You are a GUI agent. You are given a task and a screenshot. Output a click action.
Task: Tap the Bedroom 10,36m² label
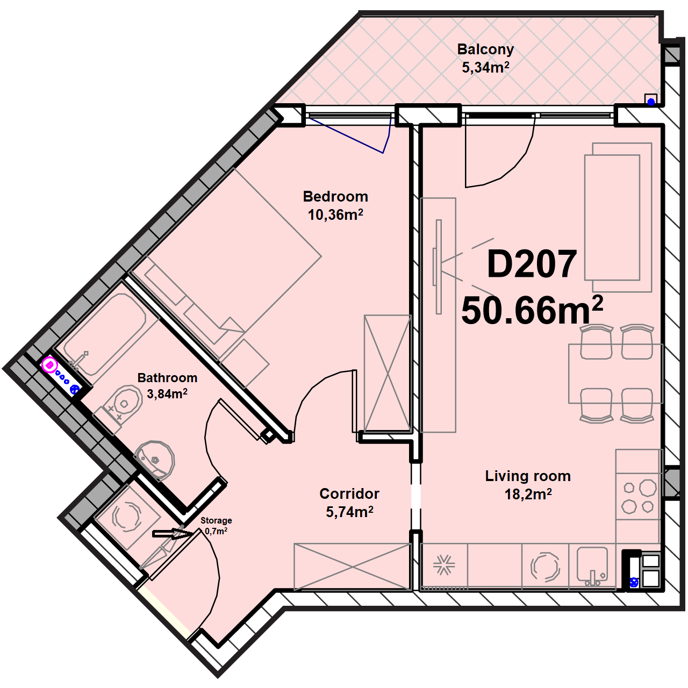point(335,206)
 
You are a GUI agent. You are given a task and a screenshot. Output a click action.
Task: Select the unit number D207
point(532,264)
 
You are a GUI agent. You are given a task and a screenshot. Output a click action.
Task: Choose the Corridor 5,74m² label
point(349,503)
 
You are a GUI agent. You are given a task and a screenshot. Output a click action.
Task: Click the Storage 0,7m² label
point(216,526)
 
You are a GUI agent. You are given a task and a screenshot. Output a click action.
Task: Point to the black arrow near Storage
point(173,534)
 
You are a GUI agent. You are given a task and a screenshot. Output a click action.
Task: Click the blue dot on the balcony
point(651,102)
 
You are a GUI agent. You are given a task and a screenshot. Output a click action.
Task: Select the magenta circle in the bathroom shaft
point(50,365)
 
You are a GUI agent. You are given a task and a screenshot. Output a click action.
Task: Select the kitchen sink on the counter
point(592,566)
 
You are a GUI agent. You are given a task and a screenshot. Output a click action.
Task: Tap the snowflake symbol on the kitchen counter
point(444,565)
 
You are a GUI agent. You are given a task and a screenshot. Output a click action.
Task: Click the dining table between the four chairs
point(615,374)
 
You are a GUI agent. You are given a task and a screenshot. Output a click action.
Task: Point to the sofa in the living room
point(618,218)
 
